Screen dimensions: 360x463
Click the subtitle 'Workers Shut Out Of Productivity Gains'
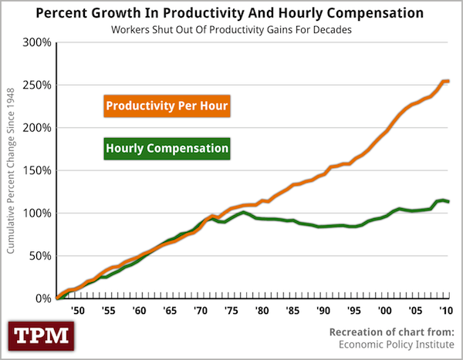coord(232,29)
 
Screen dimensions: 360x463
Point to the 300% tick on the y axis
coord(37,42)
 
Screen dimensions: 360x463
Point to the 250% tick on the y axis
coord(37,85)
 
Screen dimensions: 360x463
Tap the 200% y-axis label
coord(37,127)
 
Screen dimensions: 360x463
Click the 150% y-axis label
coord(37,170)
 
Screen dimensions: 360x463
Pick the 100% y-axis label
coord(37,213)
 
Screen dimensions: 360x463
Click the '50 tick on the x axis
coord(77,311)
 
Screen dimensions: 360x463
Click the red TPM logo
coord(39,336)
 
